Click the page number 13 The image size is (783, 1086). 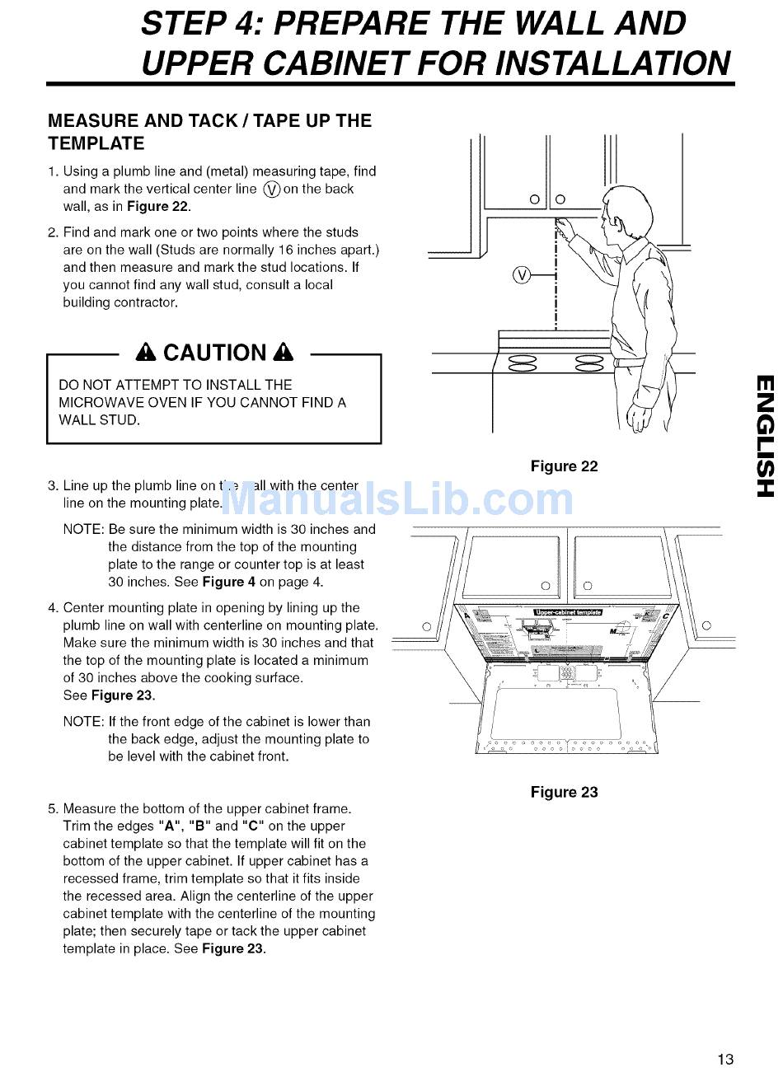point(725,1059)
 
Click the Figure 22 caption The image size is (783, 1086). point(564,466)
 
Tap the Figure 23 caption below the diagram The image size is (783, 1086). point(564,792)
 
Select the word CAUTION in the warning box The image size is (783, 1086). point(214,353)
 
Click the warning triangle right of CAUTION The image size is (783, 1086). point(284,353)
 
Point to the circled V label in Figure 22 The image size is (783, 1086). point(521,275)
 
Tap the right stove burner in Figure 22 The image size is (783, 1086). point(589,363)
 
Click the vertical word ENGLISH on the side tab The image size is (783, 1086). point(764,436)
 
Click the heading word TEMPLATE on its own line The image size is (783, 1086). point(96,143)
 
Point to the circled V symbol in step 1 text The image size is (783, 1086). point(271,190)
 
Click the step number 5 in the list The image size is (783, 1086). point(52,808)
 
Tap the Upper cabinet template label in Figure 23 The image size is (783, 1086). point(568,612)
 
